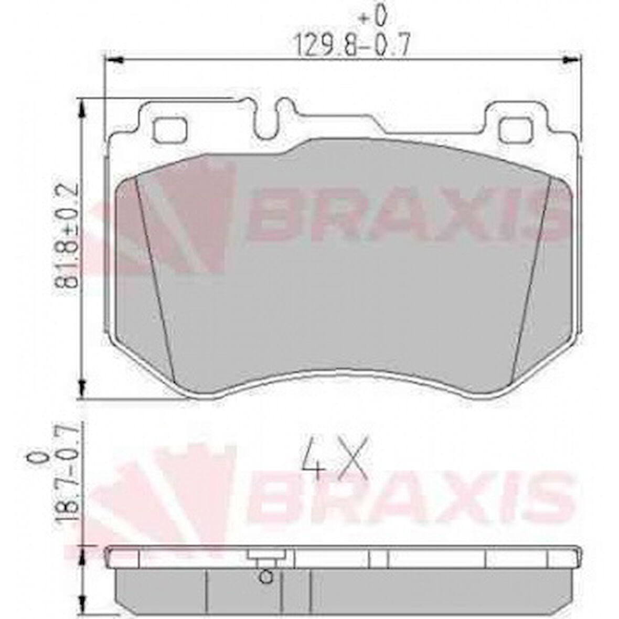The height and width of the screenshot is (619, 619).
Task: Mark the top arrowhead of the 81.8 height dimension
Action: (82, 110)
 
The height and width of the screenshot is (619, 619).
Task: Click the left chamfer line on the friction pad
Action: (155, 278)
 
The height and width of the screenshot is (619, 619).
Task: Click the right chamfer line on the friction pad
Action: (531, 278)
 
